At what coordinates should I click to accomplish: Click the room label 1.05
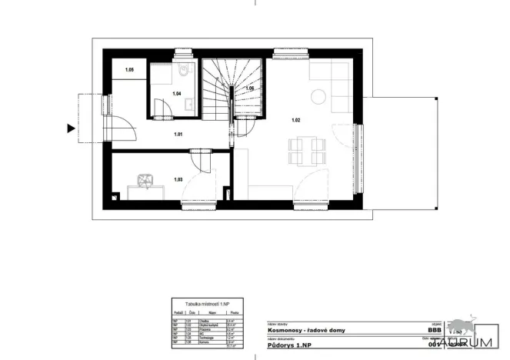pos(130,71)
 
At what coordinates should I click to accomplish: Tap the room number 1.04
pos(176,94)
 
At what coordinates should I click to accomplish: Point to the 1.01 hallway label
pos(178,135)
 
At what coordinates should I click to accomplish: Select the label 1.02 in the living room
pos(295,120)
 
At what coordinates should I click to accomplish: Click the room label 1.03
pos(178,179)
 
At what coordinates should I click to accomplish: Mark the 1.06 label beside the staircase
pos(249,89)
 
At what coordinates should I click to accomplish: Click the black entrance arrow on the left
pos(72,128)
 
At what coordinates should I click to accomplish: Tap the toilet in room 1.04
pos(183,72)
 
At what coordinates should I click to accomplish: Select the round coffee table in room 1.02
pos(318,96)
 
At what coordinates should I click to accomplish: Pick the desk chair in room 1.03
pos(144,181)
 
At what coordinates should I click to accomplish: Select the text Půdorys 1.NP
pos(286,345)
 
